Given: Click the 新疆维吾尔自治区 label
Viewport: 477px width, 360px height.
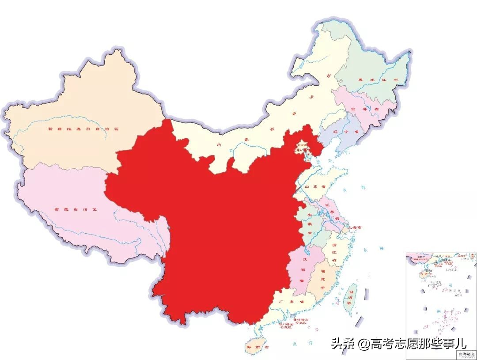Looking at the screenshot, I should [84, 129].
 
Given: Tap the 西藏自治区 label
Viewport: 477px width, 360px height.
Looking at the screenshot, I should [75, 209].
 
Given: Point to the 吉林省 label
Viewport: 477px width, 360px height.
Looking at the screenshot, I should [359, 109].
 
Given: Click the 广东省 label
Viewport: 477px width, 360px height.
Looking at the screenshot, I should [291, 302].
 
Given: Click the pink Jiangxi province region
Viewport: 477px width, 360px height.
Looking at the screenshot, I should [297, 269].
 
